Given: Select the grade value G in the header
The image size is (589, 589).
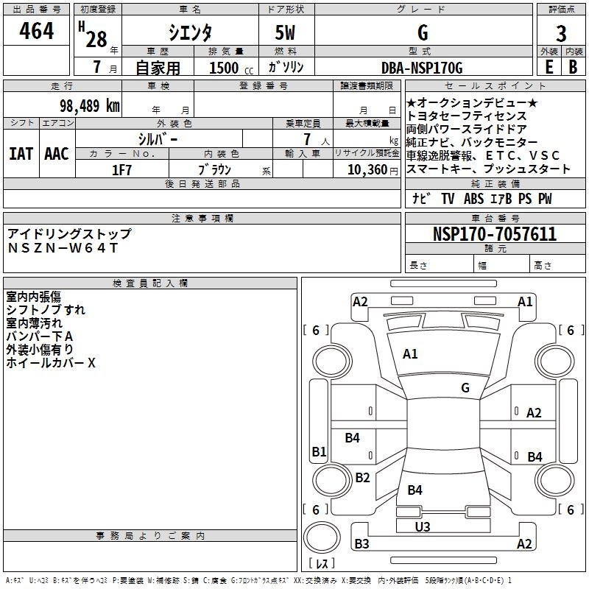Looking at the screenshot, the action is coord(423,32).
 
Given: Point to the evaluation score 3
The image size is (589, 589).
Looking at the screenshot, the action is coord(561,34).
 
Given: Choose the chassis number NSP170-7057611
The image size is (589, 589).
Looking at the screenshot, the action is coord(494,234).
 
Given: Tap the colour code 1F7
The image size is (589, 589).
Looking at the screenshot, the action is coord(121,169).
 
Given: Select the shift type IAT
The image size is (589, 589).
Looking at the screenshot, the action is coord(21,154).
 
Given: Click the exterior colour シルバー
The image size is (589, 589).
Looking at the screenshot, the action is coord(158,138).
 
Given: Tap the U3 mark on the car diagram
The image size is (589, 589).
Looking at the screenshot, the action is coord(423,526).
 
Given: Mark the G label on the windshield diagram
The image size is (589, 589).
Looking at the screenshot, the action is coord(465,387).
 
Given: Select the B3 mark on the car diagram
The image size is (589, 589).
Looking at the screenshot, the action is coord(361,544).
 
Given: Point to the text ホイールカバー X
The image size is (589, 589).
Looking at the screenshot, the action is coord(51,363).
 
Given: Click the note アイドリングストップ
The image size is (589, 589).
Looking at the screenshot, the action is coord(69,234).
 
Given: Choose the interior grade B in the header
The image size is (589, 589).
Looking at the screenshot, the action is coord(573,67).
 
